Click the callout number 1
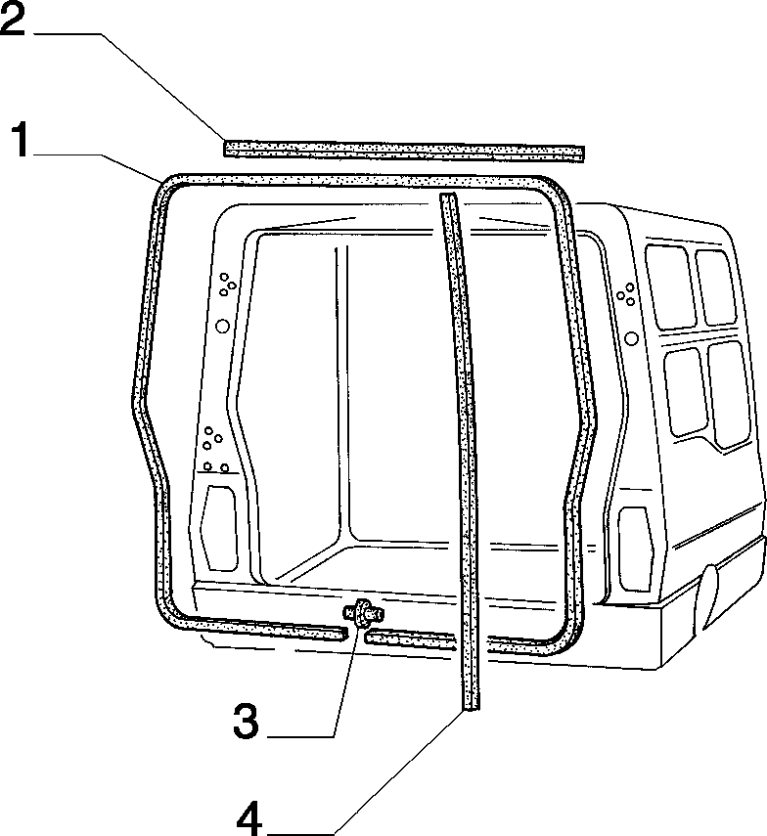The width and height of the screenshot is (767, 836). (21, 140)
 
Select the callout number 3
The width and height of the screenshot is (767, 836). (246, 721)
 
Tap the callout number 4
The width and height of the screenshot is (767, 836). (249, 818)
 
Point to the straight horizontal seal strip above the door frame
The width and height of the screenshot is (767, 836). (404, 150)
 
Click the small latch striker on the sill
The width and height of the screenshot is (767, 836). (364, 613)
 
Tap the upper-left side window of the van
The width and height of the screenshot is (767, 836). (670, 287)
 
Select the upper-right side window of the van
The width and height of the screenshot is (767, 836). (716, 287)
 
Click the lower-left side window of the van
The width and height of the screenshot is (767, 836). (687, 392)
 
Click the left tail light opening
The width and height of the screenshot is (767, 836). (219, 526)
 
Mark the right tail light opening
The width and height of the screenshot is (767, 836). (636, 550)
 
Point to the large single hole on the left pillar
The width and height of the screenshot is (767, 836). (222, 326)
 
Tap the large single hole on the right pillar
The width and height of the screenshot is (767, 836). (631, 338)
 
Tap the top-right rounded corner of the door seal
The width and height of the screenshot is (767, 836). (560, 188)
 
